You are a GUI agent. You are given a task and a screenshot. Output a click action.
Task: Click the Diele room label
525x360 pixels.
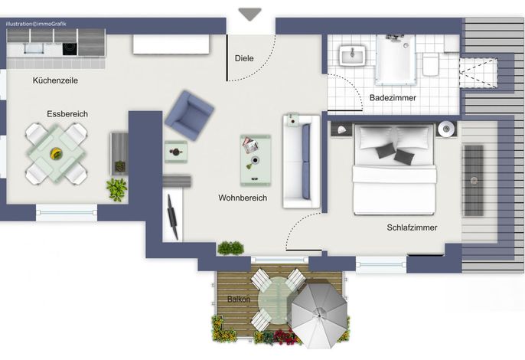coord(244,58)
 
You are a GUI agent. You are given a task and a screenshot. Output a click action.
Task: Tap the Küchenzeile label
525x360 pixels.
coord(55,80)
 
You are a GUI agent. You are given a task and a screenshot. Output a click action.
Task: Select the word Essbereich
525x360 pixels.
coord(67,114)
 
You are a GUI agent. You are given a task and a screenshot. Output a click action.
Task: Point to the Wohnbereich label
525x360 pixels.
coord(243,198)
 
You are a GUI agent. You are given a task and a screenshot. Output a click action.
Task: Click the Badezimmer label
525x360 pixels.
coord(393,98)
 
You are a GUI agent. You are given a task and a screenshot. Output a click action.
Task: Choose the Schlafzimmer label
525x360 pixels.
coord(412,227)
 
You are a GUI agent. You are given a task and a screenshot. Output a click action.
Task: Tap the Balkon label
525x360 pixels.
coord(239,299)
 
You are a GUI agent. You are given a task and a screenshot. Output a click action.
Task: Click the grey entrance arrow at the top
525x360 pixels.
coord(249,14)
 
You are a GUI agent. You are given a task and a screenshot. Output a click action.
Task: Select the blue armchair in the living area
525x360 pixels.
coord(190,116)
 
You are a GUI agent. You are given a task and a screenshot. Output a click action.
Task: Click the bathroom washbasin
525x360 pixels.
coord(352,55)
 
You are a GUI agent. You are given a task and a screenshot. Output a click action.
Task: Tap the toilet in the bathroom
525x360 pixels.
coord(431,64)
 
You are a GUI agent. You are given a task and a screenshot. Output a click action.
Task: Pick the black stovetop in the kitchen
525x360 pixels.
coord(70,49)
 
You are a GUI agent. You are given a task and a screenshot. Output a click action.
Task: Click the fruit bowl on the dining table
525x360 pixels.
coord(56,154)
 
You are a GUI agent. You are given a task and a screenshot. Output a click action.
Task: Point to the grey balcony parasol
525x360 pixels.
coord(319,315)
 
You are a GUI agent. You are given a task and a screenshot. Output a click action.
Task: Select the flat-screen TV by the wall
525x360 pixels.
coord(172,218)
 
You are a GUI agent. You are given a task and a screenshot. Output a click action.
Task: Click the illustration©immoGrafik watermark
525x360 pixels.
coord(36,24)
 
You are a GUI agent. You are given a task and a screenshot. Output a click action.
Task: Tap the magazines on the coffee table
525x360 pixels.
coord(250,145)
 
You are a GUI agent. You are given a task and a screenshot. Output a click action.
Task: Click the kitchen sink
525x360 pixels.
coord(34,48)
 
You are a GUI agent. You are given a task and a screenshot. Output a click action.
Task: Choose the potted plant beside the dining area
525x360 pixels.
coord(117,190)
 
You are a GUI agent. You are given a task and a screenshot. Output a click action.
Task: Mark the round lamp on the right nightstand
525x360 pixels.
coord(446,129)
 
